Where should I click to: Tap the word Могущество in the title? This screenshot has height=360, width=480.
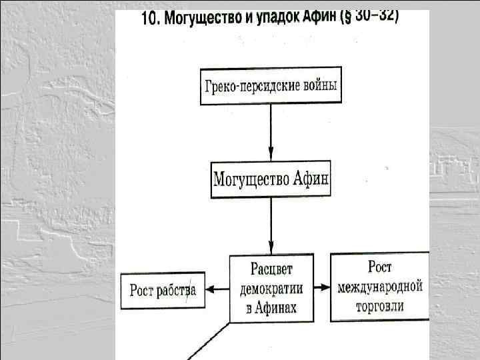[195, 19]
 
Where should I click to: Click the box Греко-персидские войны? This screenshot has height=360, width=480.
[271, 87]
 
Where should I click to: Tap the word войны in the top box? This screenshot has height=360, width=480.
[317, 87]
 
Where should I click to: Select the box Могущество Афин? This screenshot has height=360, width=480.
[271, 179]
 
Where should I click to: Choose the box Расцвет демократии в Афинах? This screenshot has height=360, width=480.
[271, 287]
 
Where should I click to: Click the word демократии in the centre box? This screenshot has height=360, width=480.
[271, 288]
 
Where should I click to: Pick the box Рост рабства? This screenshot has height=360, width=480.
[162, 291]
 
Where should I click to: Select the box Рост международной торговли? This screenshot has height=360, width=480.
[380, 287]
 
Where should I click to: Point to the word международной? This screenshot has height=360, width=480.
[380, 287]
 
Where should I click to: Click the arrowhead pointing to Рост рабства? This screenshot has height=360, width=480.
[209, 289]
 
